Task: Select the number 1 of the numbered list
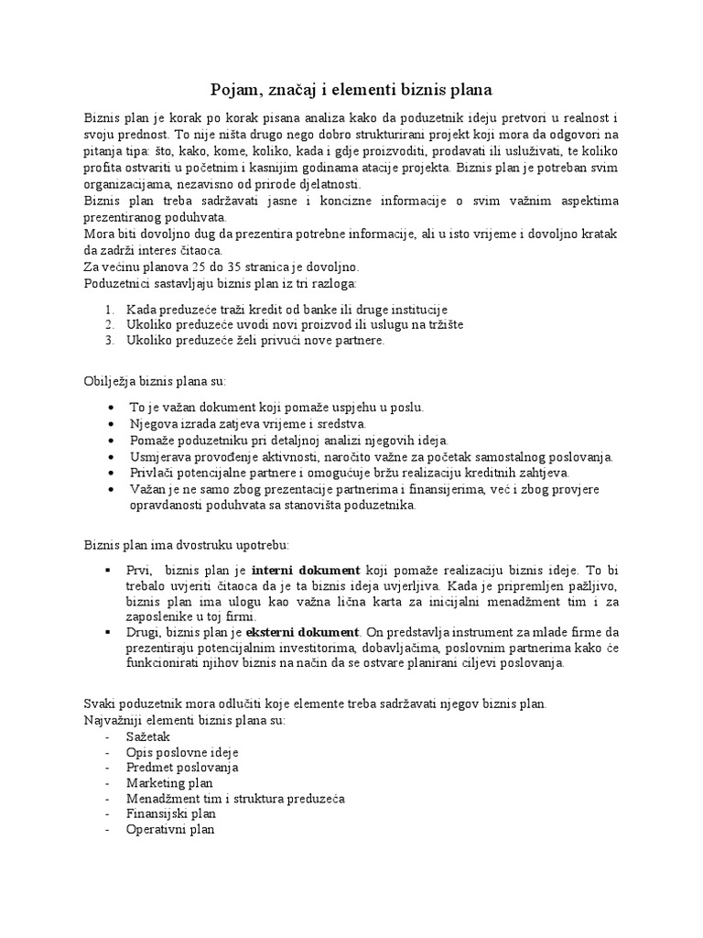pos(109,310)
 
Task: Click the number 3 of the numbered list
pos(109,341)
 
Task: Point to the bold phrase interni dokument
pos(307,569)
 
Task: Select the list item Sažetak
pos(149,736)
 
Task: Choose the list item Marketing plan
pos(170,783)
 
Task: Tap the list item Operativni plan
pos(171,830)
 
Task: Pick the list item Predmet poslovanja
pos(183,768)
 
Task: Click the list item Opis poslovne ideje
pos(183,752)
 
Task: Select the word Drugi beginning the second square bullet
pos(144,632)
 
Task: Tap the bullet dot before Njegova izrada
pos(111,424)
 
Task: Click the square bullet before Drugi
pos(110,632)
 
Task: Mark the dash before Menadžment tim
pos(110,799)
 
